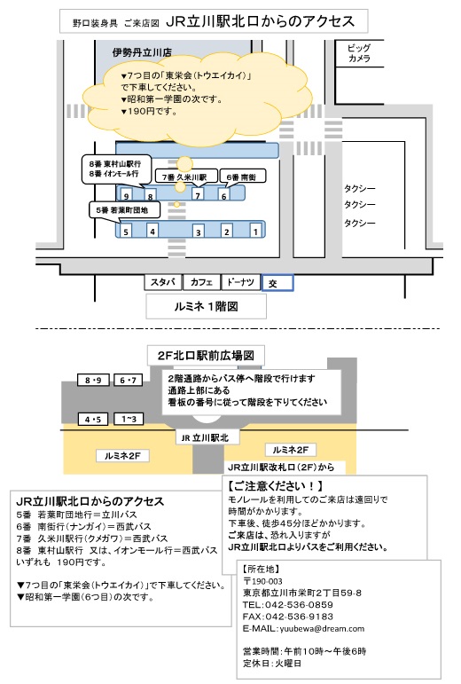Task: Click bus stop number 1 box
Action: click(256, 231)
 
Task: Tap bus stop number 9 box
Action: click(126, 194)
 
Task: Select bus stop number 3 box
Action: click(199, 231)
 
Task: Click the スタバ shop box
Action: click(163, 282)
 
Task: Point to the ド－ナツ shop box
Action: click(240, 282)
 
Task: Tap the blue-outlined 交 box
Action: click(277, 283)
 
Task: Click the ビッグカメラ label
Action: click(359, 53)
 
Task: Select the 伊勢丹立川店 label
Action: click(142, 52)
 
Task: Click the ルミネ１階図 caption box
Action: click(206, 306)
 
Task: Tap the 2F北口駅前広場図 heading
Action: click(206, 356)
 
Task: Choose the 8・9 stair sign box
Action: click(93, 380)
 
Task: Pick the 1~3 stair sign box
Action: click(129, 420)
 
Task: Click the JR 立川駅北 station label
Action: click(205, 437)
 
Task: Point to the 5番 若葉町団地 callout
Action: click(124, 210)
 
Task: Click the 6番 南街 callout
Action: click(242, 177)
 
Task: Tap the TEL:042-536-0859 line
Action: click(288, 605)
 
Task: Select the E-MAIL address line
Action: click(304, 628)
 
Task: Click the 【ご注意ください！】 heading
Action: click(276, 485)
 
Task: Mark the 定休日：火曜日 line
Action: click(272, 663)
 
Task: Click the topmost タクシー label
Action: click(359, 188)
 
